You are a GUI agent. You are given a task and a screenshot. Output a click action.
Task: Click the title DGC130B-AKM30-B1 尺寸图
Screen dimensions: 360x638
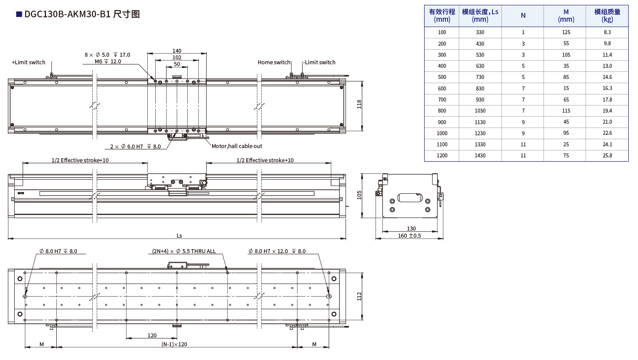pos(82,14)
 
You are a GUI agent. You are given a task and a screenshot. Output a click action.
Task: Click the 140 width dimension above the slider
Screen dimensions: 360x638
pos(177,51)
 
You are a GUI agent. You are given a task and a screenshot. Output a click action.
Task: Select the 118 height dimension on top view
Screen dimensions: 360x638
pos(359,104)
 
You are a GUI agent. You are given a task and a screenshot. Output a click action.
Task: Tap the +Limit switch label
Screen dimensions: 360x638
pos(28,63)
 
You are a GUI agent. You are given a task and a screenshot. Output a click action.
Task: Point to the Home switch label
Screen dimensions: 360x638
pos(274,63)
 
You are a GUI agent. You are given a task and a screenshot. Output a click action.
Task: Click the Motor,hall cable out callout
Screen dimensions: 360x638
pos(236,146)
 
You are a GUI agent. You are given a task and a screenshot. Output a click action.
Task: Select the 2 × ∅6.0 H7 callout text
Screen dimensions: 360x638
pos(135,146)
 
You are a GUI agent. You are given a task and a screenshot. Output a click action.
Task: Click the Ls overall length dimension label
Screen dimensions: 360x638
pos(179,236)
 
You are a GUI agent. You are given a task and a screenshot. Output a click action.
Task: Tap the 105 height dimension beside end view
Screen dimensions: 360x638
pos(359,195)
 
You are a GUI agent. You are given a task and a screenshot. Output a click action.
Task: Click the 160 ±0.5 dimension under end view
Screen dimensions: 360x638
pos(409,236)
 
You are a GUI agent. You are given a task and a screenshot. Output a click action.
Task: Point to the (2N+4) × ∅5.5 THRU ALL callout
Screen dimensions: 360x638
pos(184,251)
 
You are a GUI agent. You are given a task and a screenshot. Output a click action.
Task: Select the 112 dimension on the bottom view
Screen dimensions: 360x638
pos(359,296)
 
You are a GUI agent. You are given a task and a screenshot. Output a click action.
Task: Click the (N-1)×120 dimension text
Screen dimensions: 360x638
pos(174,344)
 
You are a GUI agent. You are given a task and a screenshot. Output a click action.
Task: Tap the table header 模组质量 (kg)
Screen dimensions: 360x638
pos(607,16)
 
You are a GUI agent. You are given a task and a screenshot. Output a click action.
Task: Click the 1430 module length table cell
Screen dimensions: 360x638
pos(480,156)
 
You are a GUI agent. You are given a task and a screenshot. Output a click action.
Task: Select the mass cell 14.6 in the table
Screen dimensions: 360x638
pos(607,77)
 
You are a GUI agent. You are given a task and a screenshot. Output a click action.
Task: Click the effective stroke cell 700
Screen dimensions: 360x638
pos(442,100)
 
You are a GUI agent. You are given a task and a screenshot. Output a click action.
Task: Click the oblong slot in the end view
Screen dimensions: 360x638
pos(409,197)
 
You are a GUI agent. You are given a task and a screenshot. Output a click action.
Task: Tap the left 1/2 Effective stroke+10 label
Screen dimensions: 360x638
pos(80,160)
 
